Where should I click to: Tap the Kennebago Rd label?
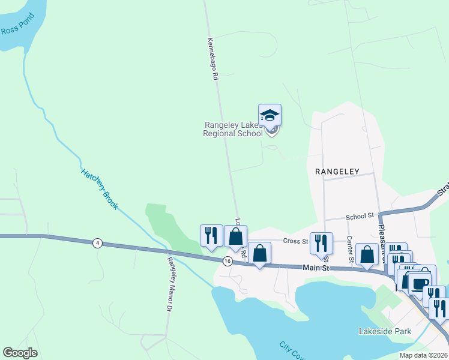coord(211,60)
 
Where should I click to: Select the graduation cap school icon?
coord(270,115)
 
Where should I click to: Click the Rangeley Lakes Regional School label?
coord(233,129)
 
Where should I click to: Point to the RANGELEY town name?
coord(337,171)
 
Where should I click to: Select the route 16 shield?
coord(227,261)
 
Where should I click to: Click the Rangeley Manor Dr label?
coord(169,283)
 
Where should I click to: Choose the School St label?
coord(360,215)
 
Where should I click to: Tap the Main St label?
coord(316,268)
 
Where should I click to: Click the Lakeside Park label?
coord(384,331)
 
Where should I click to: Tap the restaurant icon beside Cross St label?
coord(321,242)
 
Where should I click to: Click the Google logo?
coord(20,353)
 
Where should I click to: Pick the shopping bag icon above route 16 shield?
coord(235,236)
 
